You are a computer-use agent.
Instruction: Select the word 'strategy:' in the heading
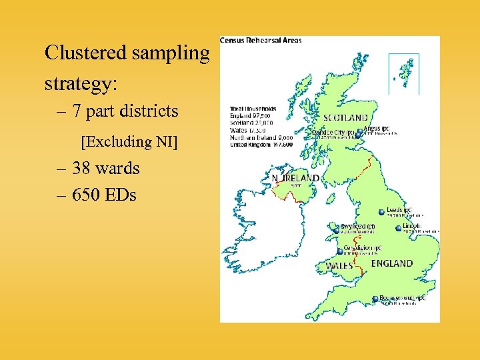click(81, 85)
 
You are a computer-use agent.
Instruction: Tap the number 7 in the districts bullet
click(77, 111)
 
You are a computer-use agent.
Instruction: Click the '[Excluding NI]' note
click(129, 141)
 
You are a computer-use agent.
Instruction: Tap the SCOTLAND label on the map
click(345, 117)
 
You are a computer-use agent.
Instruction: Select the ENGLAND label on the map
click(391, 263)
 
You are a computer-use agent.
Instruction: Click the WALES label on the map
click(339, 265)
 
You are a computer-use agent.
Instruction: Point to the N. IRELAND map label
click(295, 179)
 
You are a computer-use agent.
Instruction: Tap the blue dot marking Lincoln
click(398, 227)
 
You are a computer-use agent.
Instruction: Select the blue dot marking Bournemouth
click(375, 299)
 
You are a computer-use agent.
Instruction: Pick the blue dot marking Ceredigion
click(339, 251)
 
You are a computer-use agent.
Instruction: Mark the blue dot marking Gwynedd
click(337, 231)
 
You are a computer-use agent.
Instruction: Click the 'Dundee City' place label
click(333, 132)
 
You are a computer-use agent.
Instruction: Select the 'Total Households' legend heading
click(253, 109)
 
